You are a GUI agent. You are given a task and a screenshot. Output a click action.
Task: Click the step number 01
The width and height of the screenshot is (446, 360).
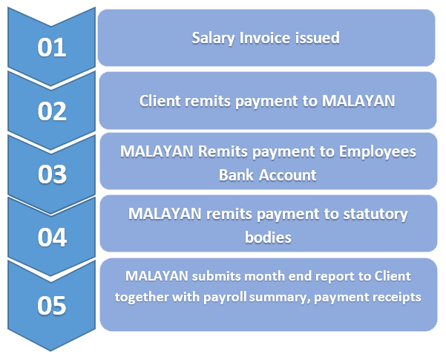pyautogui.click(x=52, y=48)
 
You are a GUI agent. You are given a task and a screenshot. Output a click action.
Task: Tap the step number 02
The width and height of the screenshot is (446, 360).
pyautogui.click(x=52, y=111)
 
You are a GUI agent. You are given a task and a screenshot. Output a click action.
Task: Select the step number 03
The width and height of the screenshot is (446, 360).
pyautogui.click(x=52, y=174)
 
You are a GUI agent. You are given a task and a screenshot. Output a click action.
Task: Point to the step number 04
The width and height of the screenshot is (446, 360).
pyautogui.click(x=52, y=237)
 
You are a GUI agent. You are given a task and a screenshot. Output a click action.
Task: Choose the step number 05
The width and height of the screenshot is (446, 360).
pyautogui.click(x=52, y=305)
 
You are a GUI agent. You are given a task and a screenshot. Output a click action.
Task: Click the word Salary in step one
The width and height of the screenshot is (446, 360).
pyautogui.click(x=213, y=38)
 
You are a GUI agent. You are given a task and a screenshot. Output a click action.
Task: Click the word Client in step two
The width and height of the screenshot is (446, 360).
pyautogui.click(x=160, y=101)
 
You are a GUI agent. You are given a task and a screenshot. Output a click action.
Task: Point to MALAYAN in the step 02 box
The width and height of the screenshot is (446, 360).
pyautogui.click(x=358, y=101)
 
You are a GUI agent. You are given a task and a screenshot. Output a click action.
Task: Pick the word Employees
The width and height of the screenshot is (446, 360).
pyautogui.click(x=378, y=152)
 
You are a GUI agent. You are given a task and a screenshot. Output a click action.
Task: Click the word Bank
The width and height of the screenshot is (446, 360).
pyautogui.click(x=236, y=174)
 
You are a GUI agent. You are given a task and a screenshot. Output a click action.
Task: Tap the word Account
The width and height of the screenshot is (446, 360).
pyautogui.click(x=288, y=174)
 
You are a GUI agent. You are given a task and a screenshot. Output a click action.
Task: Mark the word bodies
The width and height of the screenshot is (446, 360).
pyautogui.click(x=268, y=237)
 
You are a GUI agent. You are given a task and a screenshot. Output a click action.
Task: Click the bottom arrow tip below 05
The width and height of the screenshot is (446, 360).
pyautogui.click(x=50, y=350)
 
